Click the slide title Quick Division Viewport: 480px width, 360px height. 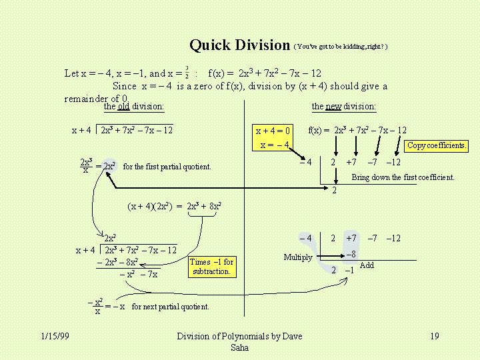(239, 45)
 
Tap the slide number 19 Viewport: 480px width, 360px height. (435, 336)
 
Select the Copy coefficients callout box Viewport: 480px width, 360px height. (437, 145)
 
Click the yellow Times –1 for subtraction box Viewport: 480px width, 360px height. (211, 267)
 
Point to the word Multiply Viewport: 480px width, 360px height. (298, 257)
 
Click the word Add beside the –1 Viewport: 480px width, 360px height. (367, 265)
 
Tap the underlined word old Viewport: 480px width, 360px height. (123, 106)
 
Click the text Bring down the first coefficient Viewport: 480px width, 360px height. (403, 177)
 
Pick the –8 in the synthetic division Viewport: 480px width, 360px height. (349, 254)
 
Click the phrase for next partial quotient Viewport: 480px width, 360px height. (171, 307)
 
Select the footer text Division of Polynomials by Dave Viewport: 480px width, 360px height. (239, 336)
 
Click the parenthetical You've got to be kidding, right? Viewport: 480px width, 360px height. (340, 47)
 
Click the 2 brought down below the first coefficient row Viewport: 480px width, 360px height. (335, 191)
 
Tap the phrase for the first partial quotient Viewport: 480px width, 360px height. (167, 166)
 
